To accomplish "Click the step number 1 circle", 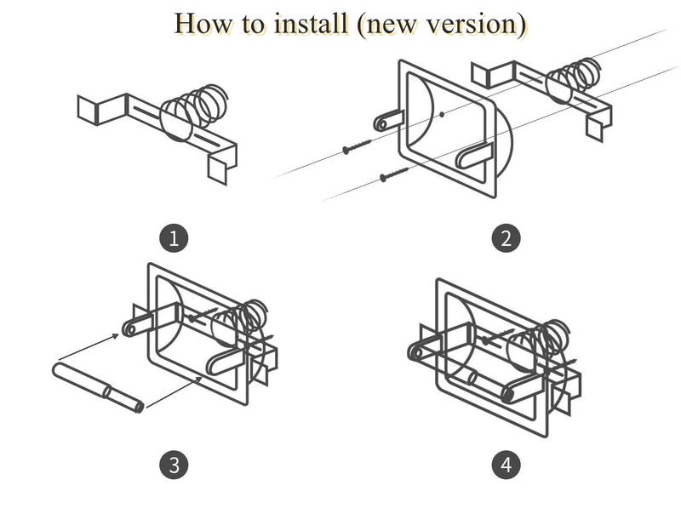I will [x=175, y=237].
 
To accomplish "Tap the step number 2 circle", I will [x=506, y=237].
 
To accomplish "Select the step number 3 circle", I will [x=175, y=465].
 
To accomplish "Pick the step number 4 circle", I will [x=506, y=465].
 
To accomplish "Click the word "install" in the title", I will [x=307, y=24].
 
